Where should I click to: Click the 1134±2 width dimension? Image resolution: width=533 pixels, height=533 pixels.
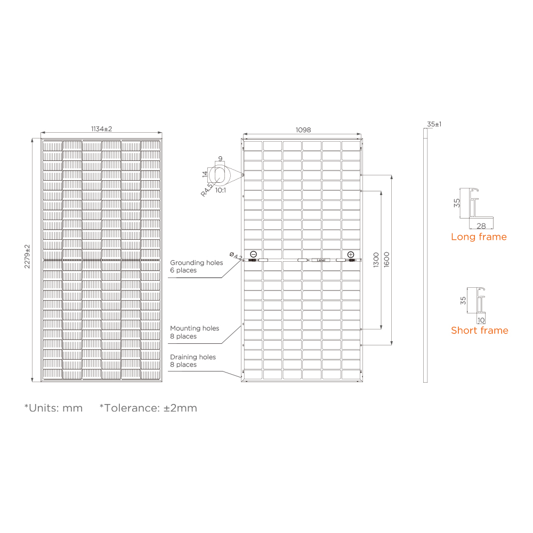[101, 129]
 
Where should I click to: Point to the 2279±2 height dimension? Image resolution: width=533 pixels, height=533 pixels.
[27, 256]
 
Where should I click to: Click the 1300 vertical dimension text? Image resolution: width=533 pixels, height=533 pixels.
[376, 260]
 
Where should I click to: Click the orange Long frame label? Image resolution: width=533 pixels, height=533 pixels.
[479, 237]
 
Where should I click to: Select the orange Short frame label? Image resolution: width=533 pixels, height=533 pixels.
[479, 330]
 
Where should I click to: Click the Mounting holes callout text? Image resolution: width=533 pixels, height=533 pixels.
[194, 332]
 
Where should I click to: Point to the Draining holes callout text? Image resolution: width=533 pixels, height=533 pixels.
[192, 361]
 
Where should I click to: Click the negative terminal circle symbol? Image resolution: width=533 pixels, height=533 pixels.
[253, 254]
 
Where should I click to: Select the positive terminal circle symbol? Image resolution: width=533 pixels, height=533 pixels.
[351, 254]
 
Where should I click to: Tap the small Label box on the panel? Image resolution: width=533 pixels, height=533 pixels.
[321, 260]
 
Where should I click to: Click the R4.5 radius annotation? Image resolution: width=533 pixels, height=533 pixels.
[207, 190]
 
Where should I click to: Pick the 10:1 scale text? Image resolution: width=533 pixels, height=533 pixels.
[221, 190]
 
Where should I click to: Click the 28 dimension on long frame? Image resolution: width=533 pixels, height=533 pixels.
[481, 226]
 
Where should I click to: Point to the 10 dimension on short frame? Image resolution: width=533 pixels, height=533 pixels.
[481, 320]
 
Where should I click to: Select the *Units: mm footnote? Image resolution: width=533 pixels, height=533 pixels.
[53, 408]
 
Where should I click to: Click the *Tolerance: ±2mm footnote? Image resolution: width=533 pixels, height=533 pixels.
[148, 408]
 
